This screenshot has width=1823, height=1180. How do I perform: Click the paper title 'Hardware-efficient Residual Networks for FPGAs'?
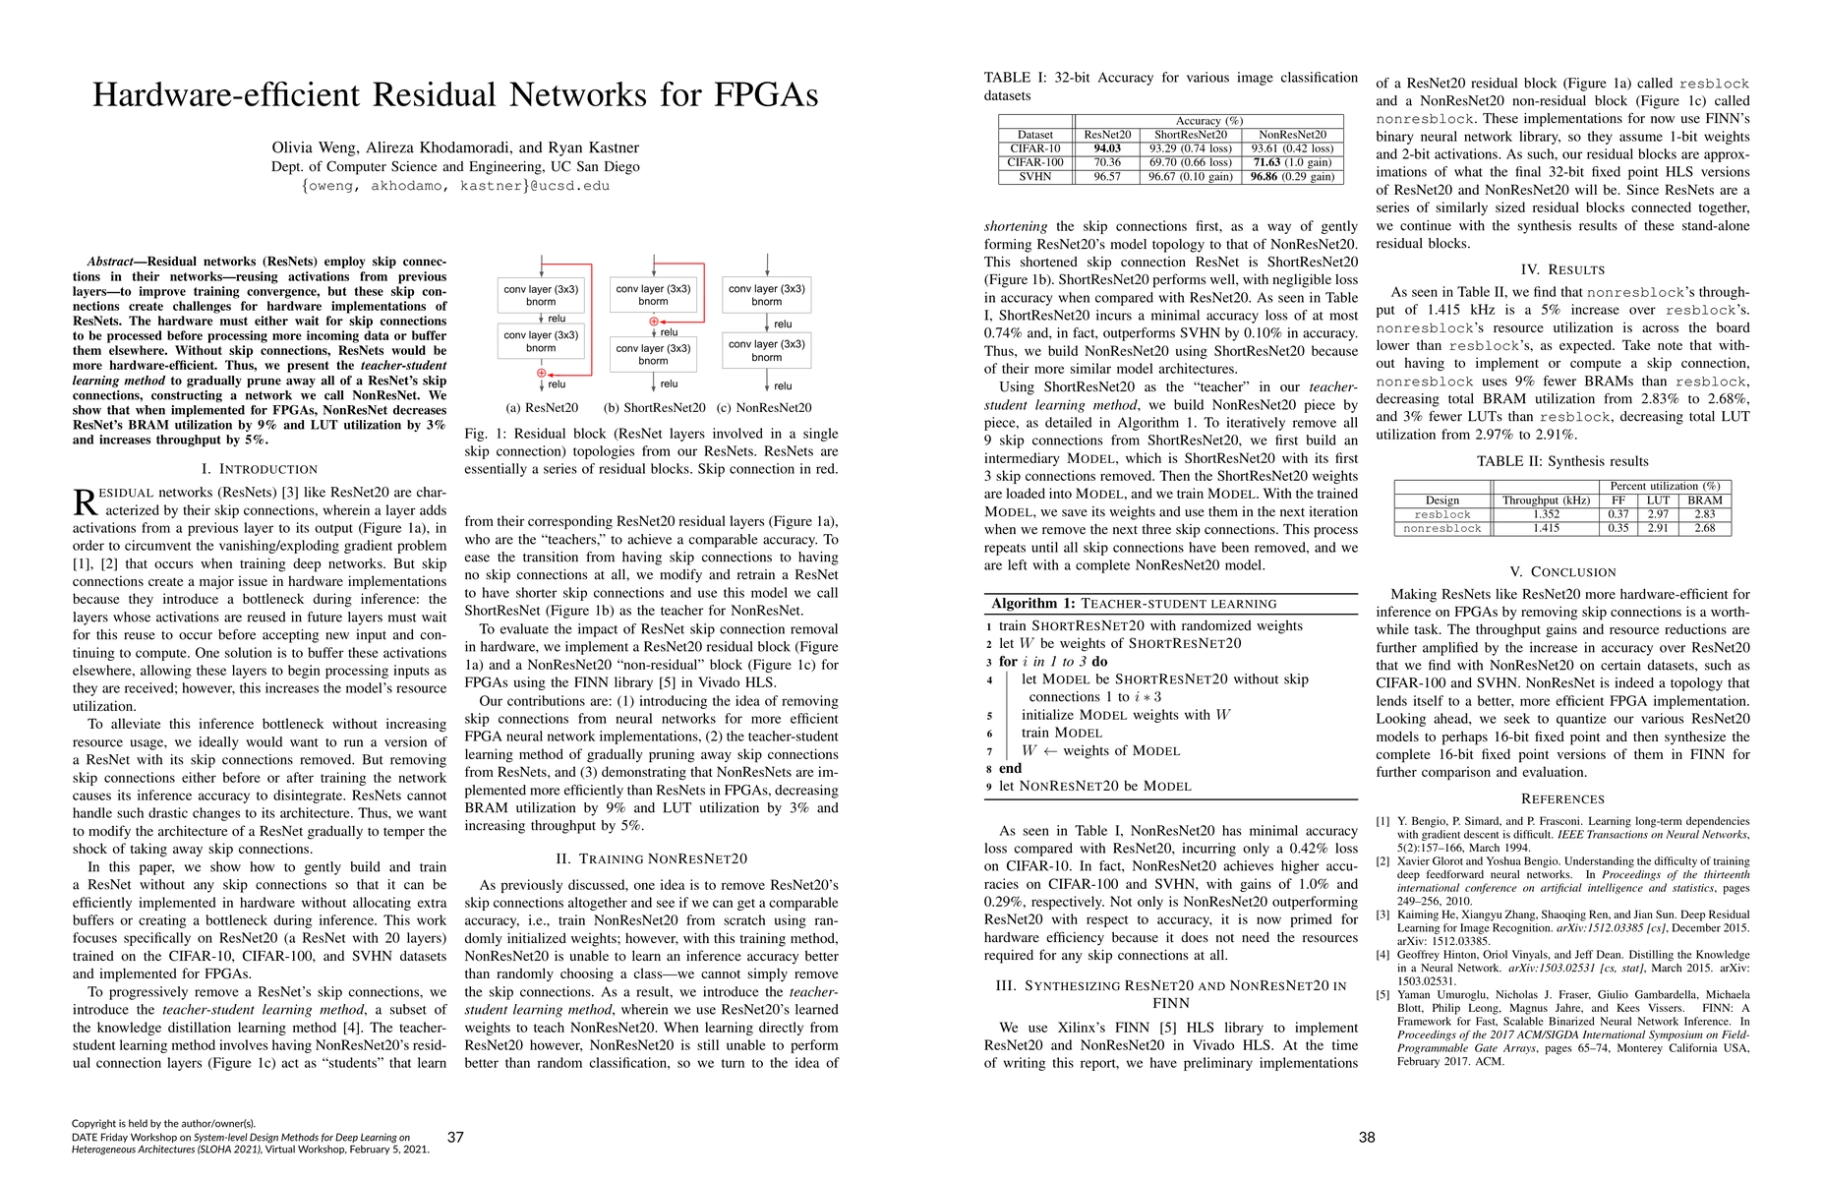pos(455,94)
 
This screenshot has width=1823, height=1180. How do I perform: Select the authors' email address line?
pos(455,185)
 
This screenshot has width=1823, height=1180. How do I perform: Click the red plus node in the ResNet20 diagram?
pos(541,373)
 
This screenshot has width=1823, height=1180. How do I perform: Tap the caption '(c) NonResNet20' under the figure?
pos(764,407)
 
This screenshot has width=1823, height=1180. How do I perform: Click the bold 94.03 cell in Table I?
pos(1107,148)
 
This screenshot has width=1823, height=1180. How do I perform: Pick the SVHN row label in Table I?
pos(1035,177)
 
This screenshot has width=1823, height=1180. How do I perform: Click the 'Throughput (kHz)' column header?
pos(1546,501)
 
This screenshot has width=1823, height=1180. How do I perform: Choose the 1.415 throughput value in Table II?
pos(1546,528)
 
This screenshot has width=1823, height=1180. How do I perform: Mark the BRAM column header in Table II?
pos(1704,501)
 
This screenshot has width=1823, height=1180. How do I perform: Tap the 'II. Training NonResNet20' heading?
pos(651,858)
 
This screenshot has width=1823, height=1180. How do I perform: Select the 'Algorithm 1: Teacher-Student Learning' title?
pos(1134,603)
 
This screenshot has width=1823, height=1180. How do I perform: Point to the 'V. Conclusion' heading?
pos(1562,571)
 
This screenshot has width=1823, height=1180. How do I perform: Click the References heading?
pos(1562,798)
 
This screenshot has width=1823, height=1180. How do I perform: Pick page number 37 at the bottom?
pos(455,1137)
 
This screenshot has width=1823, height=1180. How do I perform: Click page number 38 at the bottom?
pos(1367,1137)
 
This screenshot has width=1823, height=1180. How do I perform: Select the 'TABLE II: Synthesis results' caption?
pos(1562,461)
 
